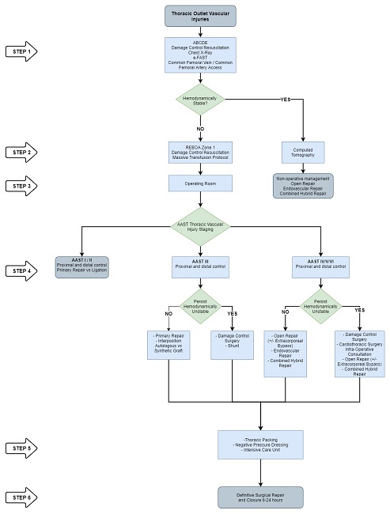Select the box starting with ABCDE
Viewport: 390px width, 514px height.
click(x=199, y=55)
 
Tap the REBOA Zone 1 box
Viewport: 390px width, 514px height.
click(x=199, y=152)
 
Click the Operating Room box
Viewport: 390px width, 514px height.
click(x=199, y=183)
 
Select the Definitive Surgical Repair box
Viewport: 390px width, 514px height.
click(x=260, y=497)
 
